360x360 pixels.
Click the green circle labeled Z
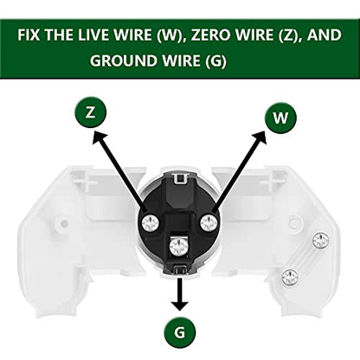pos(91,112)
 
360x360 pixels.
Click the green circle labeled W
pos(280,118)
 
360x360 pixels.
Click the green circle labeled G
pos(180,332)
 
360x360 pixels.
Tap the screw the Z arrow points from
pos(151,223)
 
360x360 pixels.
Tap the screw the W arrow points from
pos(209,222)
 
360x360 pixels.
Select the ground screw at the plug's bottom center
pos(177,247)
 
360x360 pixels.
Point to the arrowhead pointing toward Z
pos(99,138)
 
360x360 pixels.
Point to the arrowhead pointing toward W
pos(260,138)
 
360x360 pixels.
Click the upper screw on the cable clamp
pos(321,240)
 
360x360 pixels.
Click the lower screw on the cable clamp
pos(290,277)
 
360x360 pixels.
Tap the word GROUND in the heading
pos(125,61)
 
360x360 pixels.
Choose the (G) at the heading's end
pos(216,61)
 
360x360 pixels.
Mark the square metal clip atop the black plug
pos(180,178)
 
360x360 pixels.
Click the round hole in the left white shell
pos(65,223)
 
